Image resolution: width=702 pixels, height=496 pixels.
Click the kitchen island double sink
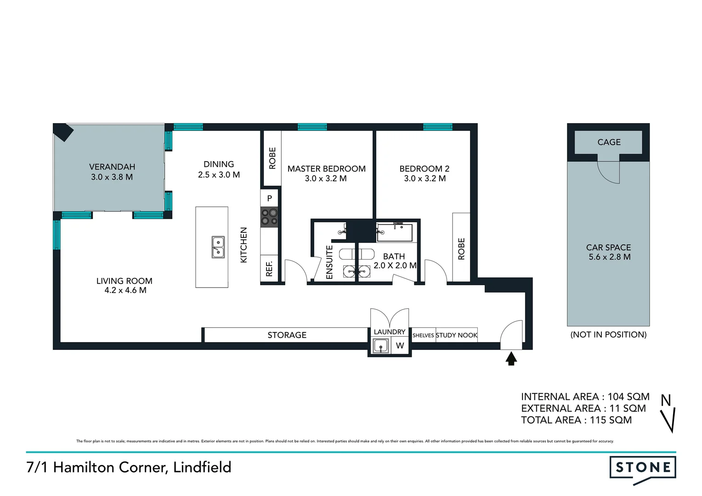pyautogui.click(x=218, y=247)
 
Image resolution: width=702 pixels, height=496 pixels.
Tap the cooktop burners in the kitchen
pyautogui.click(x=269, y=217)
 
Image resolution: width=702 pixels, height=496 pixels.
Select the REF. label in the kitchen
pyautogui.click(x=269, y=269)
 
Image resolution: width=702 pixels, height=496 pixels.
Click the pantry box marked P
pyautogui.click(x=270, y=198)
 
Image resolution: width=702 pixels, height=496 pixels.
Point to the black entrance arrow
pyautogui.click(x=511, y=358)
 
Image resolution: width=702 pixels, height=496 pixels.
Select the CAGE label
pyautogui.click(x=609, y=142)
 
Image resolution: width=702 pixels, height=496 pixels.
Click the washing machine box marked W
pyautogui.click(x=400, y=346)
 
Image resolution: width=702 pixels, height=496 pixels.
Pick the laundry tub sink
pyautogui.click(x=381, y=346)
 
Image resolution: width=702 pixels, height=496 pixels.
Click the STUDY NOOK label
pyautogui.click(x=457, y=335)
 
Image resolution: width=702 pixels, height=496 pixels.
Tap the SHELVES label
pyautogui.click(x=423, y=336)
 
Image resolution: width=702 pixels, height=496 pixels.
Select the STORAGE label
pyautogui.click(x=287, y=335)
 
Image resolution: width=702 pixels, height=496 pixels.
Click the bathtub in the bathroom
pyautogui.click(x=395, y=232)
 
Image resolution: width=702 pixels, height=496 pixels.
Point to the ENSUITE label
pyautogui.click(x=329, y=262)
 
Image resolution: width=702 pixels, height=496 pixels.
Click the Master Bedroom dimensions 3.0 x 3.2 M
pyautogui.click(x=326, y=179)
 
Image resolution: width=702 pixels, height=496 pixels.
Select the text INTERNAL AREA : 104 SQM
pyautogui.click(x=585, y=397)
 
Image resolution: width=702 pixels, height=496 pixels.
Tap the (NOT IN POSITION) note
pyautogui.click(x=608, y=335)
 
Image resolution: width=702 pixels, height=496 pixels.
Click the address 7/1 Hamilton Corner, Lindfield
pyautogui.click(x=129, y=468)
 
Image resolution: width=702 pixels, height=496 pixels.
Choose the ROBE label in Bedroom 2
pyautogui.click(x=461, y=249)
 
